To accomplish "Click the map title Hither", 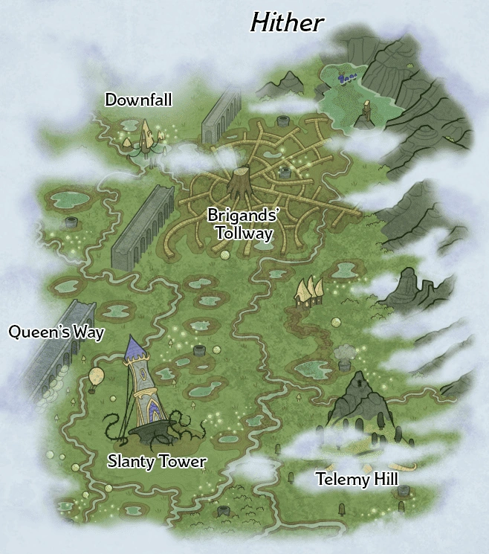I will click(287, 22).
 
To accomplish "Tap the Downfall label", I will click(138, 100).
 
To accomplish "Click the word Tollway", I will click(243, 233).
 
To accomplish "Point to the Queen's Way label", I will click(56, 332).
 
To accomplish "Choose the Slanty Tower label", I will click(157, 462).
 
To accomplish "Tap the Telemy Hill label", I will click(357, 480).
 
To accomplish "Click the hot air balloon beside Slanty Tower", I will click(96, 376).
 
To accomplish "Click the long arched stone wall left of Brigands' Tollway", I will click(143, 226).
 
